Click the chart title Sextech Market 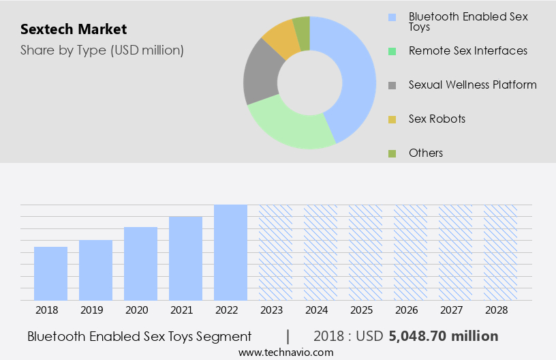click(74, 29)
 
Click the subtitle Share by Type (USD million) click(102, 50)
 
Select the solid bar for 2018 click(50, 273)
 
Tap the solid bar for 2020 click(140, 263)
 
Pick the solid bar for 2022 click(230, 252)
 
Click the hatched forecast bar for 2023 click(275, 252)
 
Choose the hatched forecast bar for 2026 click(410, 252)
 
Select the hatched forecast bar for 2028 click(500, 252)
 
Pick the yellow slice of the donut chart click(281, 39)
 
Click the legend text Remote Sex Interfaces click(467, 50)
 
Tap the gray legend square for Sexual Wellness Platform click(392, 85)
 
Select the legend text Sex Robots click(437, 119)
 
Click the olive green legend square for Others click(392, 153)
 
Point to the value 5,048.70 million click(443, 336)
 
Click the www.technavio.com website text click(285, 352)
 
